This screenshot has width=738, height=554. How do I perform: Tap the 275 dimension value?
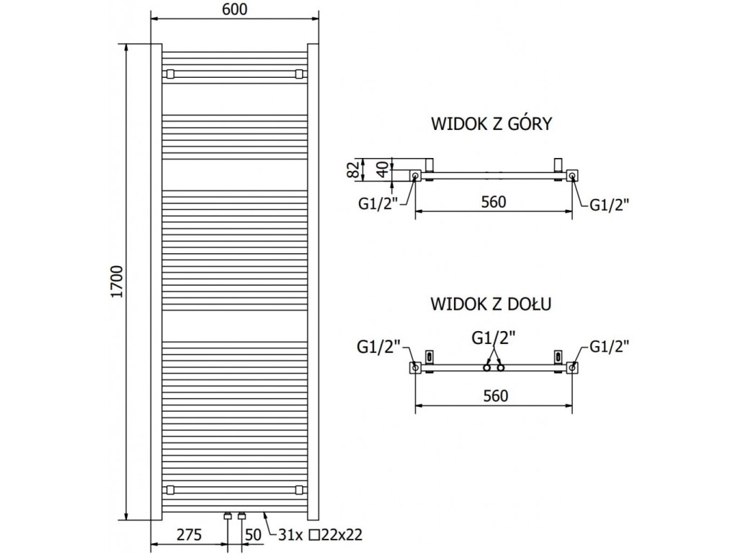(x=187, y=535)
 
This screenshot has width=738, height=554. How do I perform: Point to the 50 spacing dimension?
(x=254, y=535)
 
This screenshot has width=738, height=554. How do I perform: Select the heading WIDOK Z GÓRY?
(x=492, y=124)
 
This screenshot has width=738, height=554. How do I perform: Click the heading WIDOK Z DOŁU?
(x=492, y=304)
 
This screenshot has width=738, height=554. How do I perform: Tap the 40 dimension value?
(x=383, y=168)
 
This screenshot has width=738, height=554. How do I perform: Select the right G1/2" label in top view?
(x=610, y=205)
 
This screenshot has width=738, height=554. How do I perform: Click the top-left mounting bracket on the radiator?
(x=170, y=73)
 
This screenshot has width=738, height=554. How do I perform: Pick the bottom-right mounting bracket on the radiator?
(x=300, y=490)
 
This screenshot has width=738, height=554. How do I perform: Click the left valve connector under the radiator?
(x=228, y=516)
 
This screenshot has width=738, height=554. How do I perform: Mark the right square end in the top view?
(x=572, y=175)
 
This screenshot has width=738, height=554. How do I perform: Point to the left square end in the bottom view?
(x=415, y=368)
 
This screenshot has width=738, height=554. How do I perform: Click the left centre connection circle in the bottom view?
(x=487, y=368)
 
